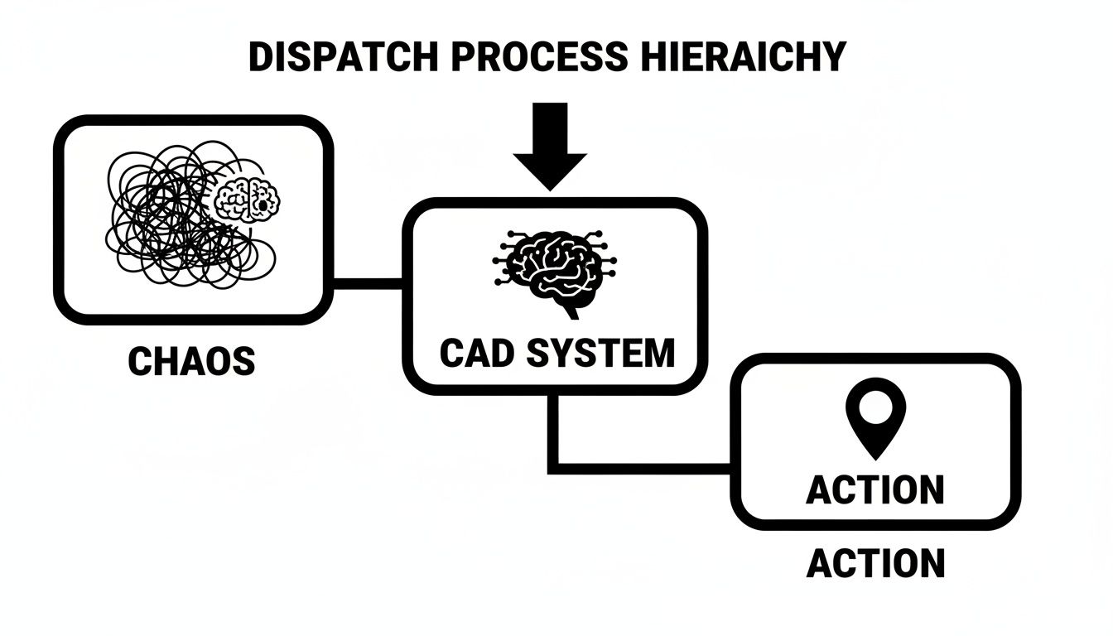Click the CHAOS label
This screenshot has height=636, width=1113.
click(191, 362)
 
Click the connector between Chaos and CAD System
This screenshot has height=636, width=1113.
click(367, 283)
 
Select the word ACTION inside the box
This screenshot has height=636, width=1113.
click(875, 489)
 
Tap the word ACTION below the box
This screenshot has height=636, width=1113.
click(875, 564)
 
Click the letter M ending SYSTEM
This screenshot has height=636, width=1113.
click(658, 354)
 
